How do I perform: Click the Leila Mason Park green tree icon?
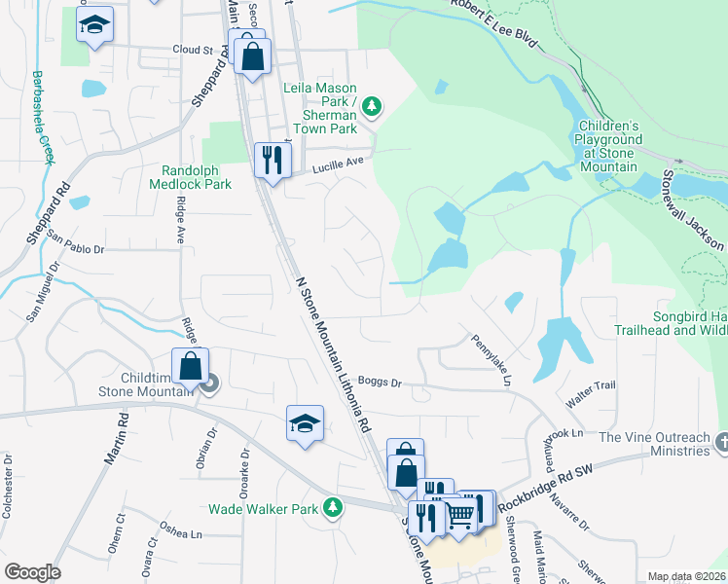click(371, 106)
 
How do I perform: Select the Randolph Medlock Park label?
click(191, 183)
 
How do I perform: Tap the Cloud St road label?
click(192, 50)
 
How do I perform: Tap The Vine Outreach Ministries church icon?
click(720, 444)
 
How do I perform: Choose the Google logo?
click(32, 572)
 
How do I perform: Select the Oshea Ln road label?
click(182, 533)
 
